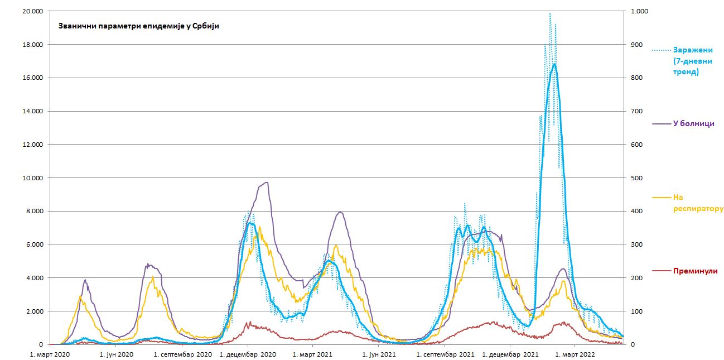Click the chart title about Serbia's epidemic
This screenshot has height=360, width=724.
coord(139,26)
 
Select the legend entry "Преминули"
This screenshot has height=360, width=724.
coord(694,271)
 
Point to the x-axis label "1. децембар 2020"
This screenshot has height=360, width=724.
coord(248,354)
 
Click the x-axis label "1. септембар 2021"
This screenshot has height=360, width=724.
coord(445,354)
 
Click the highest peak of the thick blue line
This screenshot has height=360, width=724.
coord(554,64)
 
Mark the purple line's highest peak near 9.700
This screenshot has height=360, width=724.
coord(267,183)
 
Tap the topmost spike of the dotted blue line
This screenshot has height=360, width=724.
coord(550,13)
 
